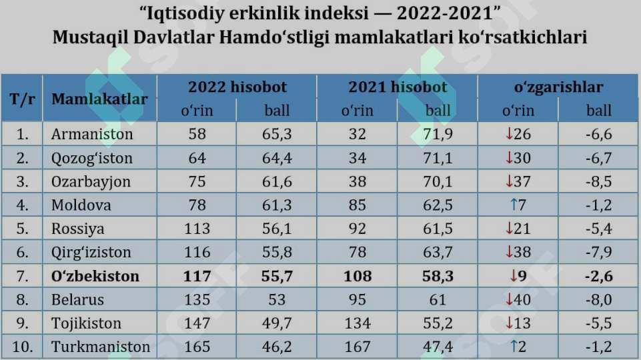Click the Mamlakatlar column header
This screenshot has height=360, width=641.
click(x=99, y=99)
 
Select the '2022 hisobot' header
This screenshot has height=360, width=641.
click(x=237, y=87)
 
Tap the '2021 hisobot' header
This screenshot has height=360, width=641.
click(x=398, y=87)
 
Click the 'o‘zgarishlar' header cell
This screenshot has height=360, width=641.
click(x=558, y=87)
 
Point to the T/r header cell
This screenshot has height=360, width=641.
click(x=22, y=99)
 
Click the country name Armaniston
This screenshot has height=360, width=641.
click(x=92, y=134)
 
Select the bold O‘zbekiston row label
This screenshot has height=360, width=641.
click(x=95, y=276)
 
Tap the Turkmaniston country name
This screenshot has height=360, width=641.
click(x=101, y=347)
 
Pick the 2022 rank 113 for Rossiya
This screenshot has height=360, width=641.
click(x=197, y=229)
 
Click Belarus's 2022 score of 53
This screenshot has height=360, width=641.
click(x=277, y=300)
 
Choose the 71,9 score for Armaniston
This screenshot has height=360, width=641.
click(x=438, y=134)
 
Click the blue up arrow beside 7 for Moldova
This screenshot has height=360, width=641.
click(x=514, y=205)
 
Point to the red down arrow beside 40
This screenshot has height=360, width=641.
click(x=509, y=299)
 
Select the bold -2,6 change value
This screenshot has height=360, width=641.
click(x=599, y=276)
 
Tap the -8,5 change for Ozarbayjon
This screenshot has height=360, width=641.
click(x=599, y=181)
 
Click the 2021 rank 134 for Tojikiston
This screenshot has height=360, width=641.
click(x=358, y=323)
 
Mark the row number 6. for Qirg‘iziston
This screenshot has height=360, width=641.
click(x=23, y=253)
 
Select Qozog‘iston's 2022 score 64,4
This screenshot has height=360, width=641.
click(x=277, y=158)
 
